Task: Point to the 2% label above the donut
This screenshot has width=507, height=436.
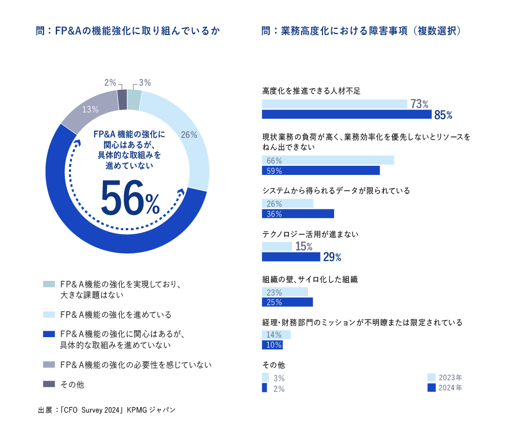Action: [110, 83]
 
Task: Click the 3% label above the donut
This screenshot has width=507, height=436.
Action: [144, 83]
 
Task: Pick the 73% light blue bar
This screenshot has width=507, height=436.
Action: [335, 104]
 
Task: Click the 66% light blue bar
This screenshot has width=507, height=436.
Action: [328, 160]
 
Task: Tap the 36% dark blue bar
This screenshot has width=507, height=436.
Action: [298, 214]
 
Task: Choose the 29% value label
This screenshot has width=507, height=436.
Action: [332, 258]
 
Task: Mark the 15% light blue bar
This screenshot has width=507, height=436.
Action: [277, 247]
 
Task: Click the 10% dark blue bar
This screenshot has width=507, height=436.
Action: [272, 345]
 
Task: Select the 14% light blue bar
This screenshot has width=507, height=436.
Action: [276, 335]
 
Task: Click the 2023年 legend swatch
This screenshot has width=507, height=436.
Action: [431, 377]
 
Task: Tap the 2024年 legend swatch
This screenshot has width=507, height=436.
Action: [431, 388]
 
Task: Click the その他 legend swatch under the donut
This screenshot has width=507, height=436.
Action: [49, 384]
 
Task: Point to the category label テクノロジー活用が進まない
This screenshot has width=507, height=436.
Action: [310, 235]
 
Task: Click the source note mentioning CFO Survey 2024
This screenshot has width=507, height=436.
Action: [106, 410]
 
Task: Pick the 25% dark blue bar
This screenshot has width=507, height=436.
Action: [287, 302]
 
